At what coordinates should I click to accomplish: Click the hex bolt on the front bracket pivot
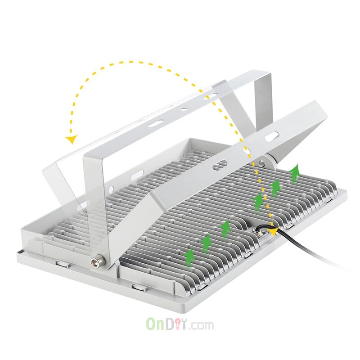tap(98, 261)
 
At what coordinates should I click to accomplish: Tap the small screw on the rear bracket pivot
tap(261, 163)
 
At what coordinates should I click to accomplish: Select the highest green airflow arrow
tap(295, 174)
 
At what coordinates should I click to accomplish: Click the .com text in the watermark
tap(201, 325)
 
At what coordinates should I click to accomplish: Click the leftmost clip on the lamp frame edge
tap(62, 263)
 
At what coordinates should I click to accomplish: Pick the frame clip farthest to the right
tap(329, 201)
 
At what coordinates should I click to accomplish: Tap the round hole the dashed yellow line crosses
tap(247, 151)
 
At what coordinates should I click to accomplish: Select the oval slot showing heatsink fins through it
tap(220, 165)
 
